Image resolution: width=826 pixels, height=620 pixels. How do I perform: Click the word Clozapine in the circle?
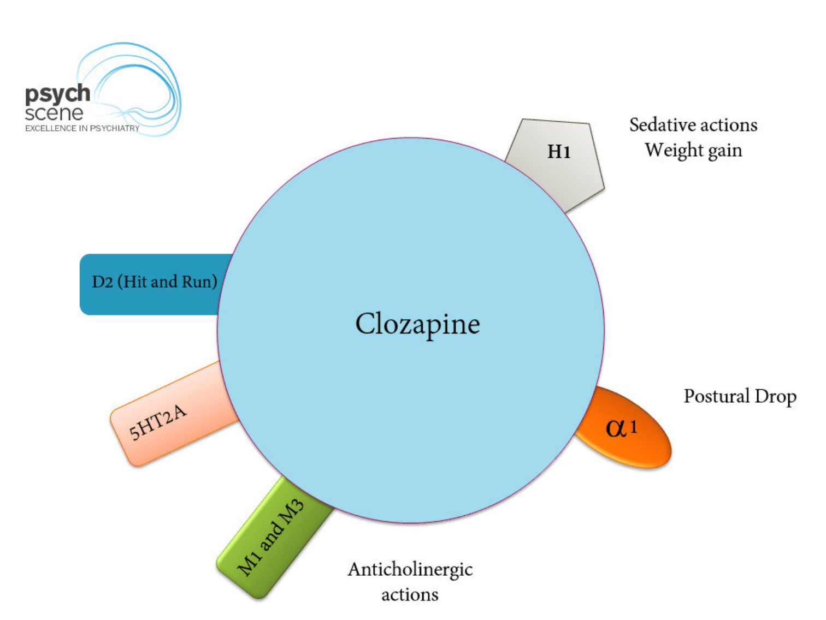pyautogui.click(x=417, y=324)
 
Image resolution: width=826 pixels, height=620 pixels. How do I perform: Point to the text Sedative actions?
pyautogui.click(x=693, y=125)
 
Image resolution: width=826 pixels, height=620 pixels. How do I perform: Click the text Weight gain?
pyautogui.click(x=693, y=150)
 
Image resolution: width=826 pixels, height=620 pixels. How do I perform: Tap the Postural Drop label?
pyautogui.click(x=740, y=396)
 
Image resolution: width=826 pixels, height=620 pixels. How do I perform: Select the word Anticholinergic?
pyautogui.click(x=410, y=569)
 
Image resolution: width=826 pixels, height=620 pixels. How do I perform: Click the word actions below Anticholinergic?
pyautogui.click(x=410, y=594)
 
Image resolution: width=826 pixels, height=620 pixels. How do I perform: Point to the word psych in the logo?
pyautogui.click(x=57, y=94)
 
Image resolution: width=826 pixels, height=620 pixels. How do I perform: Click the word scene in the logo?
pyautogui.click(x=54, y=113)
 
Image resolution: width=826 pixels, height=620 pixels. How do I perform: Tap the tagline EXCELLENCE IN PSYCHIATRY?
pyautogui.click(x=82, y=128)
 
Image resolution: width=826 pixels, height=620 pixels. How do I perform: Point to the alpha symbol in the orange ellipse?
pyautogui.click(x=616, y=428)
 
